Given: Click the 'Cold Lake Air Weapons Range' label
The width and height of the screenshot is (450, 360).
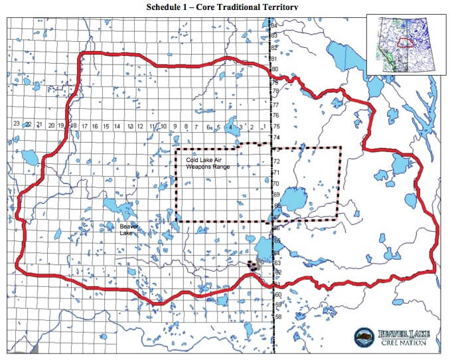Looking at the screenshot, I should point(208,163).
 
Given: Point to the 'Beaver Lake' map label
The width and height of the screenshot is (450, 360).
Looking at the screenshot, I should point(128,230).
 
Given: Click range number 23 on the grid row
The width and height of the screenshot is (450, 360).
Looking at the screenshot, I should point(17,124).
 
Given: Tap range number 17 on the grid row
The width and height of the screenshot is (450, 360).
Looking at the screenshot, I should point(85,126).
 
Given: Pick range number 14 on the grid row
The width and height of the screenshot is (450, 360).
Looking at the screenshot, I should point(117,126).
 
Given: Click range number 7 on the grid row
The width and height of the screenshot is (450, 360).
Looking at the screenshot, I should point(197,126).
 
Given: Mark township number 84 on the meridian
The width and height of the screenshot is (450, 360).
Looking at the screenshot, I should point(273,25).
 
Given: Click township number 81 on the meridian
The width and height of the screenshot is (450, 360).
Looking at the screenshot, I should point(273,58).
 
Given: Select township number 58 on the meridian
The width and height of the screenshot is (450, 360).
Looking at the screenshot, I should point(279,316).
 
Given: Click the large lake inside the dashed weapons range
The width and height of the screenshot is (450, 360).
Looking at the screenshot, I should point(293,199).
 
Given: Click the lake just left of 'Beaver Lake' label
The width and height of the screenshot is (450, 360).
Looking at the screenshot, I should point(110,204).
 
